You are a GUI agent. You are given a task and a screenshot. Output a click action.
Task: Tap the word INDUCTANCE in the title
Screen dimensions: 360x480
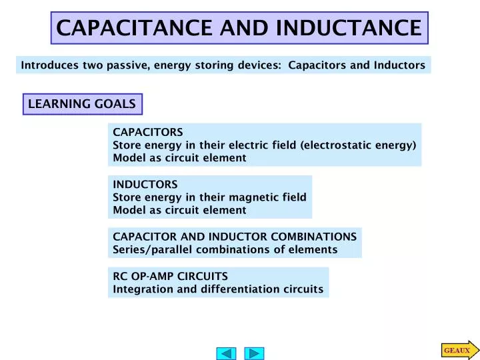click(349, 28)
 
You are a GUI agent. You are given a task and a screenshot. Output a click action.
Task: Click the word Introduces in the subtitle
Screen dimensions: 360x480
click(50, 65)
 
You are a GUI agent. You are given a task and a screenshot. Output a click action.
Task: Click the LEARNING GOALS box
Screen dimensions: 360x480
click(82, 104)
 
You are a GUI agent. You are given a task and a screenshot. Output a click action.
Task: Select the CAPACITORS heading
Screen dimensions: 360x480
click(148, 132)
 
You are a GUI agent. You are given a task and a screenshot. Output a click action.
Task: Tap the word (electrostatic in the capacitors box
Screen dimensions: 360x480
click(337, 145)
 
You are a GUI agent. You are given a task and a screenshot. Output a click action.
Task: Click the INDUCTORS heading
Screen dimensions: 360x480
click(145, 184)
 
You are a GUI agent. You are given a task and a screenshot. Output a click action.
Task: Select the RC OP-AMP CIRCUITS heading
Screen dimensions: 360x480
click(171, 276)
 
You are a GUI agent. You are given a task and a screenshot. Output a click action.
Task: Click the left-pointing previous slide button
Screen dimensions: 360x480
click(227, 353)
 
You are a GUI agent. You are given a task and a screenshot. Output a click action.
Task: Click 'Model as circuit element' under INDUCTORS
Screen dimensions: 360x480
click(179, 210)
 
